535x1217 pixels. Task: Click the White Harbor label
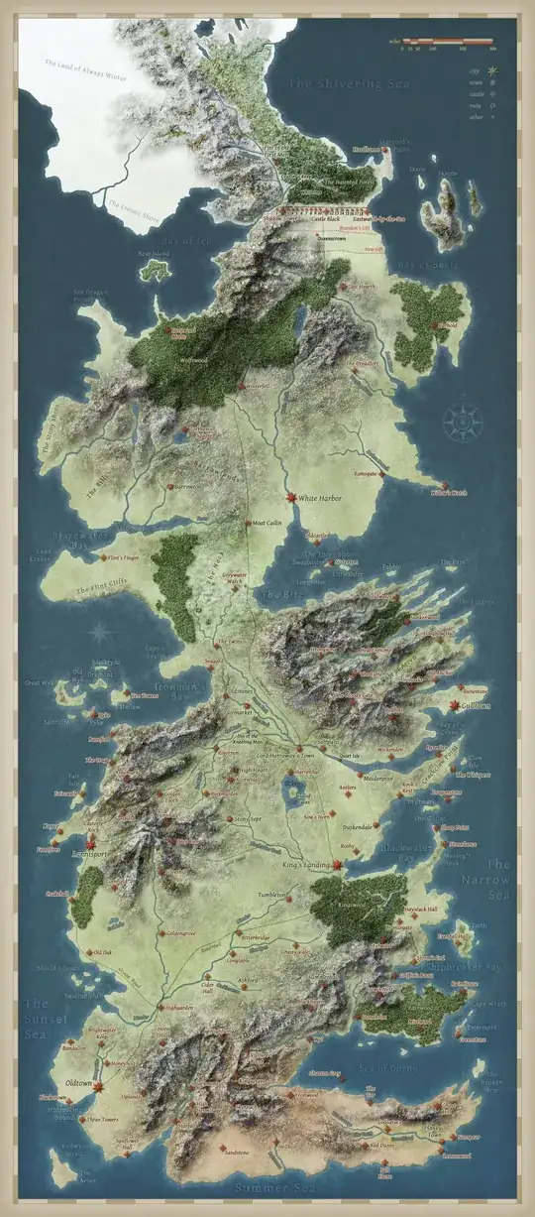point(321,498)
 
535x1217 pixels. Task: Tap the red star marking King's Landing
point(338,865)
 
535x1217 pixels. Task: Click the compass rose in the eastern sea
point(461,421)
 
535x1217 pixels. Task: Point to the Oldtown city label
point(78,1081)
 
